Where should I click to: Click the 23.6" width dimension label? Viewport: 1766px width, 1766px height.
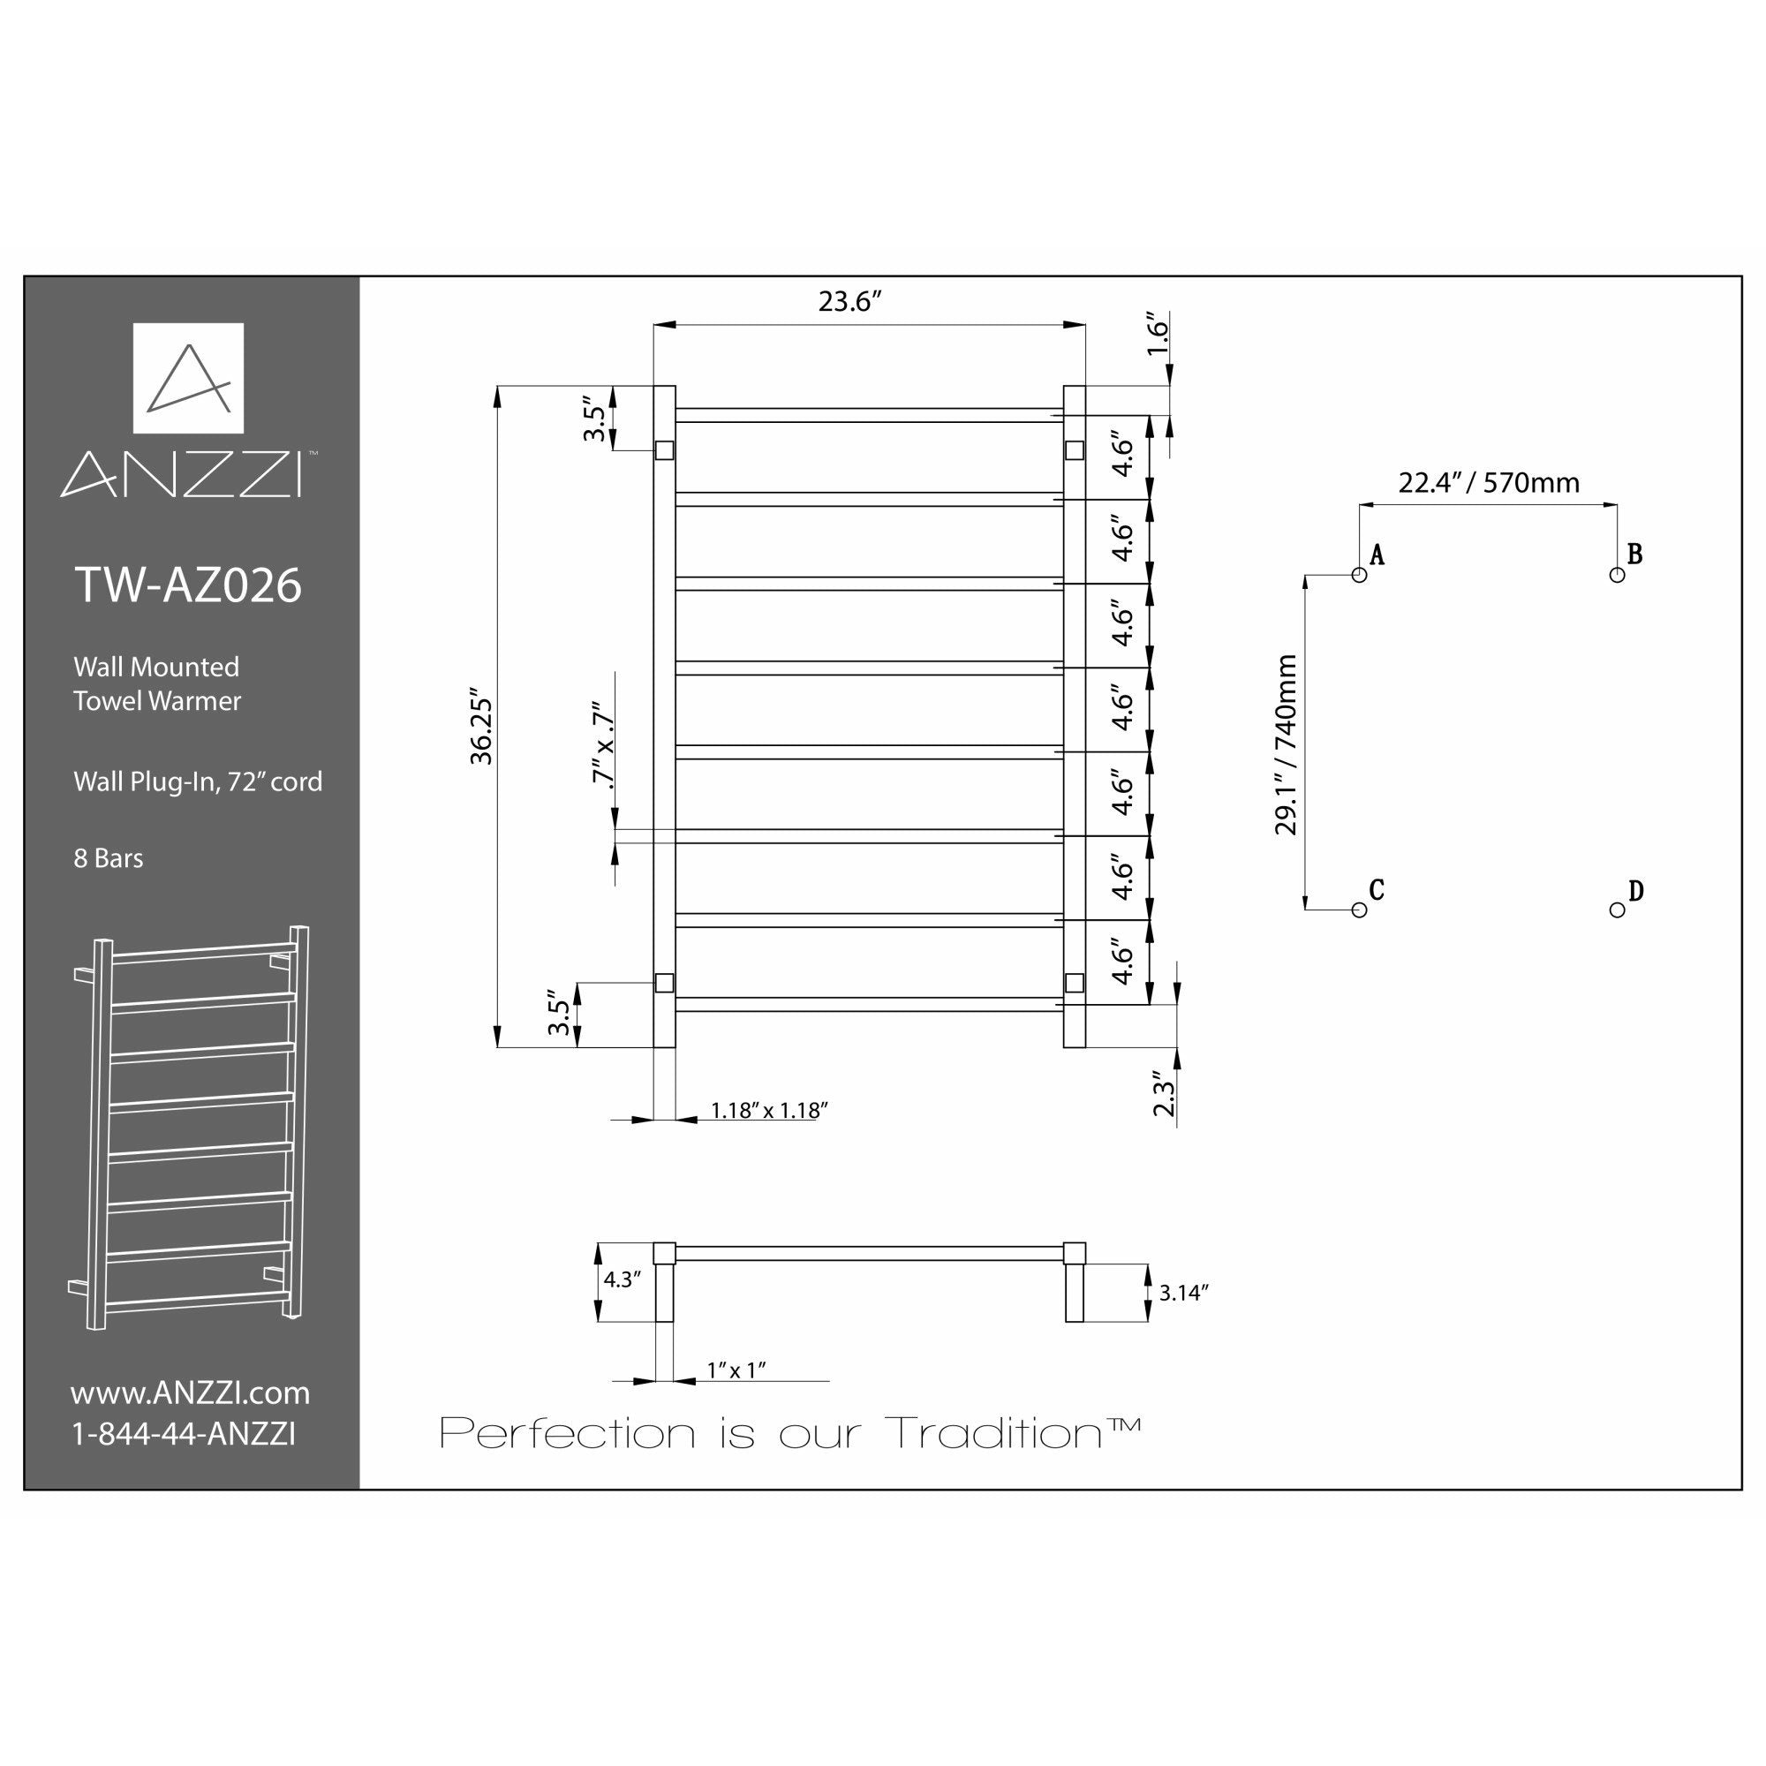849,302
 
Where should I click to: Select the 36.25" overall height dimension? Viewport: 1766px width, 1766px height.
481,730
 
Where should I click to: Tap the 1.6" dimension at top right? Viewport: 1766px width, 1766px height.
1158,337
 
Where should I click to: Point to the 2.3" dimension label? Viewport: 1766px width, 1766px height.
1163,1093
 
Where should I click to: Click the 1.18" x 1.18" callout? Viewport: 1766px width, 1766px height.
770,1111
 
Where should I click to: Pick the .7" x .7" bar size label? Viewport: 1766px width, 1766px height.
601,743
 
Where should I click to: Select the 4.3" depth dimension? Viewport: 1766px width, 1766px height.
623,1279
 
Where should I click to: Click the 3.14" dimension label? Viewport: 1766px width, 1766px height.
1184,1293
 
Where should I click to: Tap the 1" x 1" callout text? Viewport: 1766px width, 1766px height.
736,1370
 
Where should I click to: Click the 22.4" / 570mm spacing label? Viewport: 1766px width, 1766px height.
1488,483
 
